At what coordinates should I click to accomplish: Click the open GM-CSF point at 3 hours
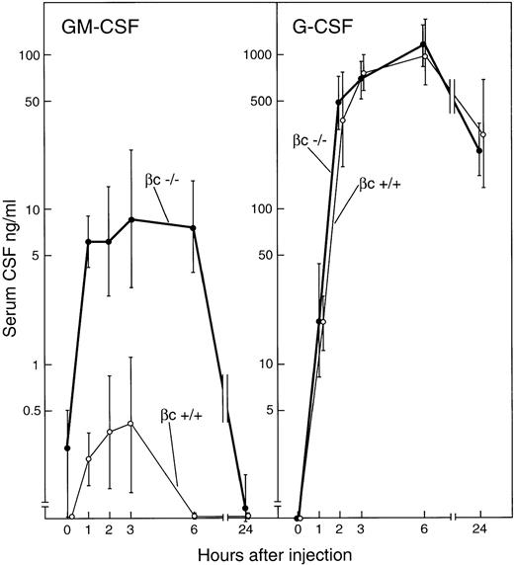130,424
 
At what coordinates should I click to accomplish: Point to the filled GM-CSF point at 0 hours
67,448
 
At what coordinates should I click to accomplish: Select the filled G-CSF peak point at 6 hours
424,43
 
